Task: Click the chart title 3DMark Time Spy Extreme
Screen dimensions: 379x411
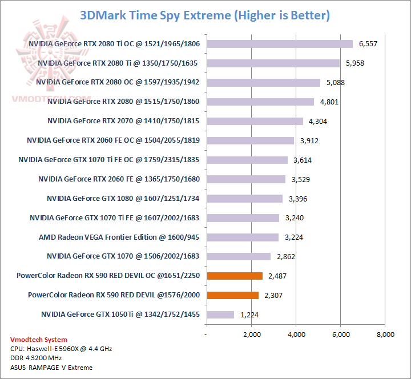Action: click(x=205, y=15)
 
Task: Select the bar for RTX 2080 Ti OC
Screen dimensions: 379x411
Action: click(x=280, y=43)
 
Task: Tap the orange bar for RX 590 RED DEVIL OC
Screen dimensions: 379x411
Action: click(x=235, y=276)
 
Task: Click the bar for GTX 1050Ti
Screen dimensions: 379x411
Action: click(x=220, y=315)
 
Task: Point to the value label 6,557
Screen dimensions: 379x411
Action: click(x=368, y=44)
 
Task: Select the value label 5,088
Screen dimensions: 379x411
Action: click(x=336, y=83)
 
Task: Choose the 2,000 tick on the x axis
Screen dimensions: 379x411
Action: click(x=251, y=334)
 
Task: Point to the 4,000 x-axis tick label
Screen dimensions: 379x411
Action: click(x=296, y=334)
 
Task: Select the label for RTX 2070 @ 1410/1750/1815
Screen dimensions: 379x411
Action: click(x=123, y=120)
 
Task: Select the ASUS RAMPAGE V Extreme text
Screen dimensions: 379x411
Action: click(x=51, y=367)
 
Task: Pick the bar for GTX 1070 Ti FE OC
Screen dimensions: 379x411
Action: click(x=247, y=160)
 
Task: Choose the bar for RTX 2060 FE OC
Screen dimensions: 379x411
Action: click(x=250, y=140)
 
